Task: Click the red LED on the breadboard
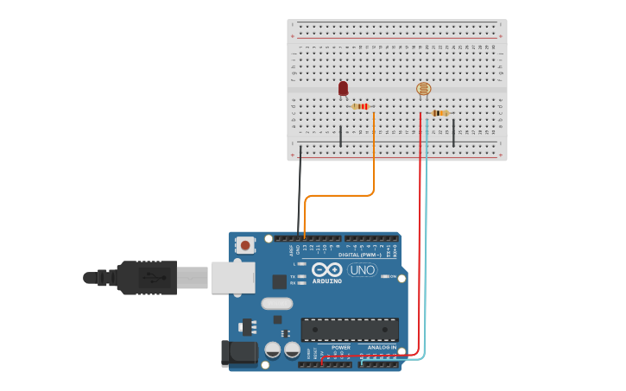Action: tap(343, 88)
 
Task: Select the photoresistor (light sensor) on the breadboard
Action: tap(423, 89)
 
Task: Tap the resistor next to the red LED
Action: tap(360, 106)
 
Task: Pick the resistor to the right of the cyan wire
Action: tap(440, 113)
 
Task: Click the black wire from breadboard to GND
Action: tap(300, 190)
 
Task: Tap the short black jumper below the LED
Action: tap(340, 136)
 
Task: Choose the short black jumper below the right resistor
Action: tap(453, 133)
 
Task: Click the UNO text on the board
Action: tap(363, 270)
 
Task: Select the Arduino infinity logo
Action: tap(327, 269)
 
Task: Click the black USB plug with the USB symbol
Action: tap(147, 278)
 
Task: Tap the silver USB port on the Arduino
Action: tap(232, 277)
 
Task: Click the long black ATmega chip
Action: tap(350, 330)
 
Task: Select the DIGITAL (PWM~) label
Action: tap(362, 255)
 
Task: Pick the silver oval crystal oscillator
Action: tap(277, 303)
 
